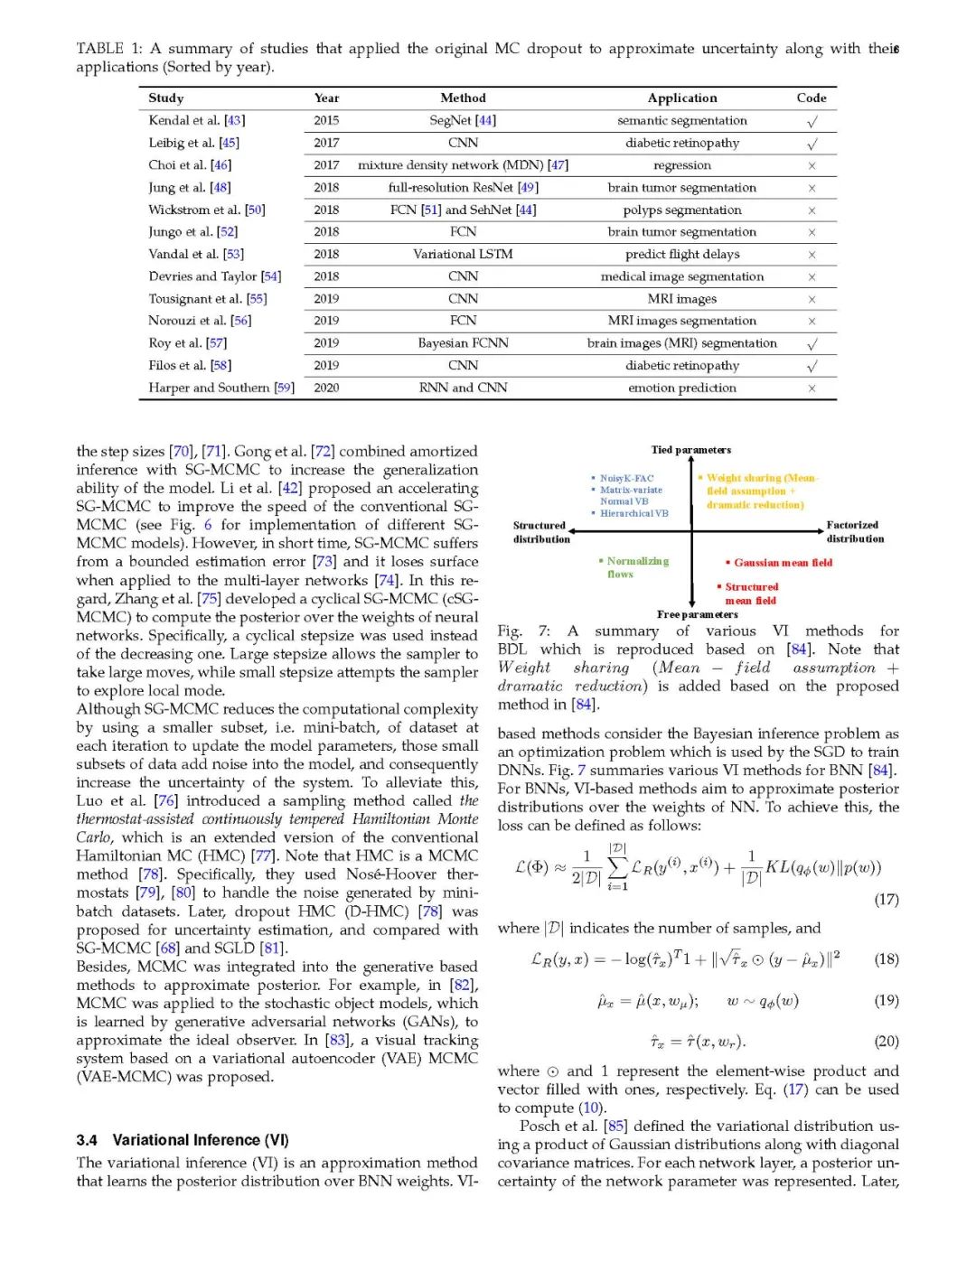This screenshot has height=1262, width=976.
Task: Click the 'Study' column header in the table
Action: tap(166, 98)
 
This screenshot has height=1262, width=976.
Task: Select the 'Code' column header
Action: tap(812, 98)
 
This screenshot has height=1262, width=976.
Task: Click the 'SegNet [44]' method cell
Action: tap(463, 120)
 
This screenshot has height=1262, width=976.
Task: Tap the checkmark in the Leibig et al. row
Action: tap(812, 144)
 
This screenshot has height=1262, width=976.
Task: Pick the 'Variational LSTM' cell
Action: tap(463, 254)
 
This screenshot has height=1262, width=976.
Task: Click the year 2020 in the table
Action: tap(326, 388)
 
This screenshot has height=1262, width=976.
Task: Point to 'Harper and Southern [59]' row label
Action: tap(221, 388)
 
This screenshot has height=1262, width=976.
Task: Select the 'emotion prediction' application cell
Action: tap(682, 388)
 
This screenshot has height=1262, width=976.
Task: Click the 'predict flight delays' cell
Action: tap(682, 254)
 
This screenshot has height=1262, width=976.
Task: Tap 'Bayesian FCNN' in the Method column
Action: tap(463, 342)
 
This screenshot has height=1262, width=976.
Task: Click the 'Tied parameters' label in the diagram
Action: tap(691, 449)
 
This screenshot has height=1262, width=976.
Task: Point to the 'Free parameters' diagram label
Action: tap(698, 614)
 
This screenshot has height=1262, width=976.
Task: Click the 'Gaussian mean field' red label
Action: tap(782, 562)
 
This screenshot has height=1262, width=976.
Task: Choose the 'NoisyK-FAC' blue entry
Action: tap(625, 478)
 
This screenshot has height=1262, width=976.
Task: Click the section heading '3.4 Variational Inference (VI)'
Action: tap(183, 1140)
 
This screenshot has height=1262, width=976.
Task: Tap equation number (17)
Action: tap(887, 899)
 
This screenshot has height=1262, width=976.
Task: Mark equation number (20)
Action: tap(887, 1041)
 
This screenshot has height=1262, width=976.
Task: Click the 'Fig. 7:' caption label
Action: tap(523, 631)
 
